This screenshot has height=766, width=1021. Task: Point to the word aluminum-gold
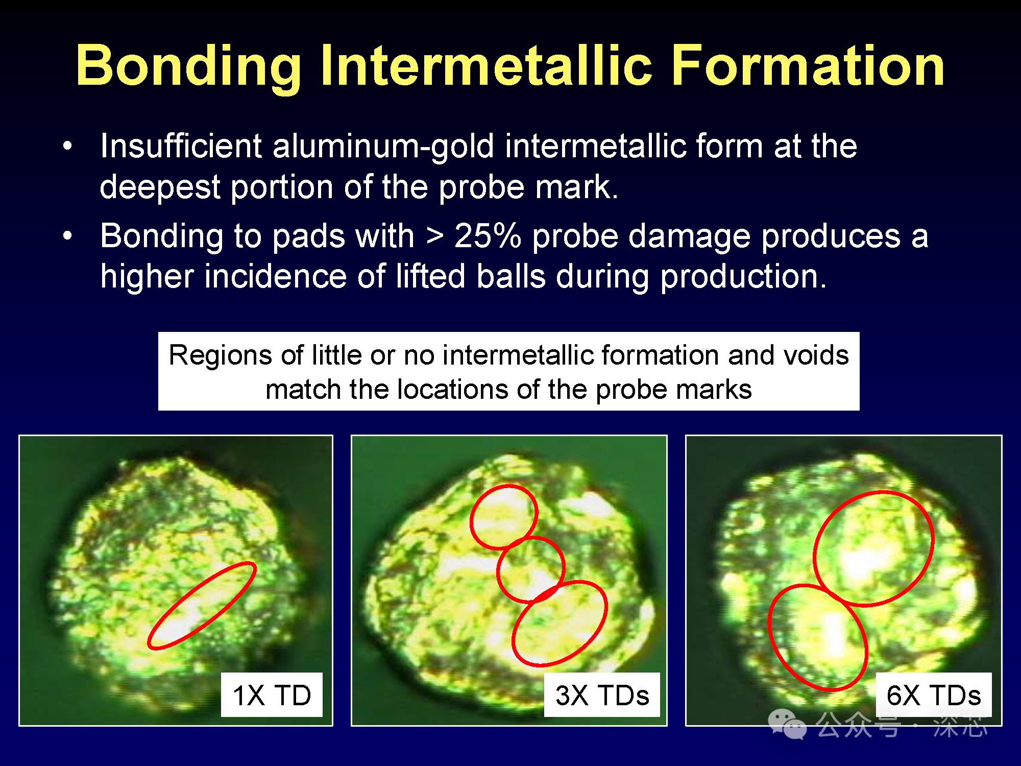383,147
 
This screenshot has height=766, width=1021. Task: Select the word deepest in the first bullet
160,188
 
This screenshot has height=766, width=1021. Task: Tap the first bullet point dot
67,146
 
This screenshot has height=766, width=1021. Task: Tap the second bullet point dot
67,236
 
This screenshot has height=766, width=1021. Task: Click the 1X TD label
272,695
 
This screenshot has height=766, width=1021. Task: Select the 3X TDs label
602,695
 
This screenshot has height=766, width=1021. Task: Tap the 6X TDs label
934,695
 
